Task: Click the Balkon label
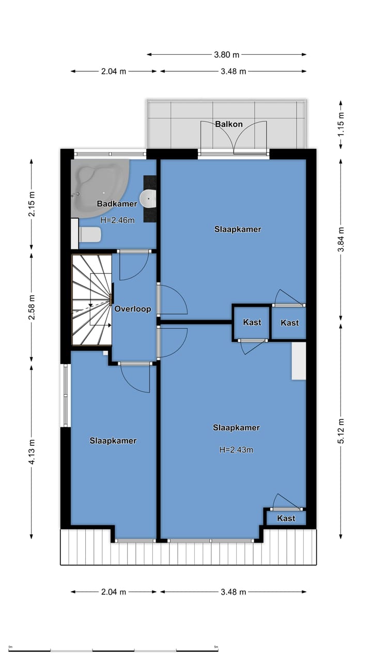(229, 124)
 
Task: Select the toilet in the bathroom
(89, 235)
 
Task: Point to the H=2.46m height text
(117, 220)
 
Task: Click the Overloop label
(133, 309)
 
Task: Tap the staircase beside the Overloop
(91, 300)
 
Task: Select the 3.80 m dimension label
(227, 54)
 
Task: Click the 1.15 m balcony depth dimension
(340, 125)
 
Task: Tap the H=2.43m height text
(236, 450)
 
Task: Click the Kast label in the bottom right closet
(286, 518)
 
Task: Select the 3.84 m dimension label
(340, 239)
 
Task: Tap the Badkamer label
(117, 204)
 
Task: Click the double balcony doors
(234, 139)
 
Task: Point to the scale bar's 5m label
(216, 647)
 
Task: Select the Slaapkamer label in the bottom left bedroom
(113, 441)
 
